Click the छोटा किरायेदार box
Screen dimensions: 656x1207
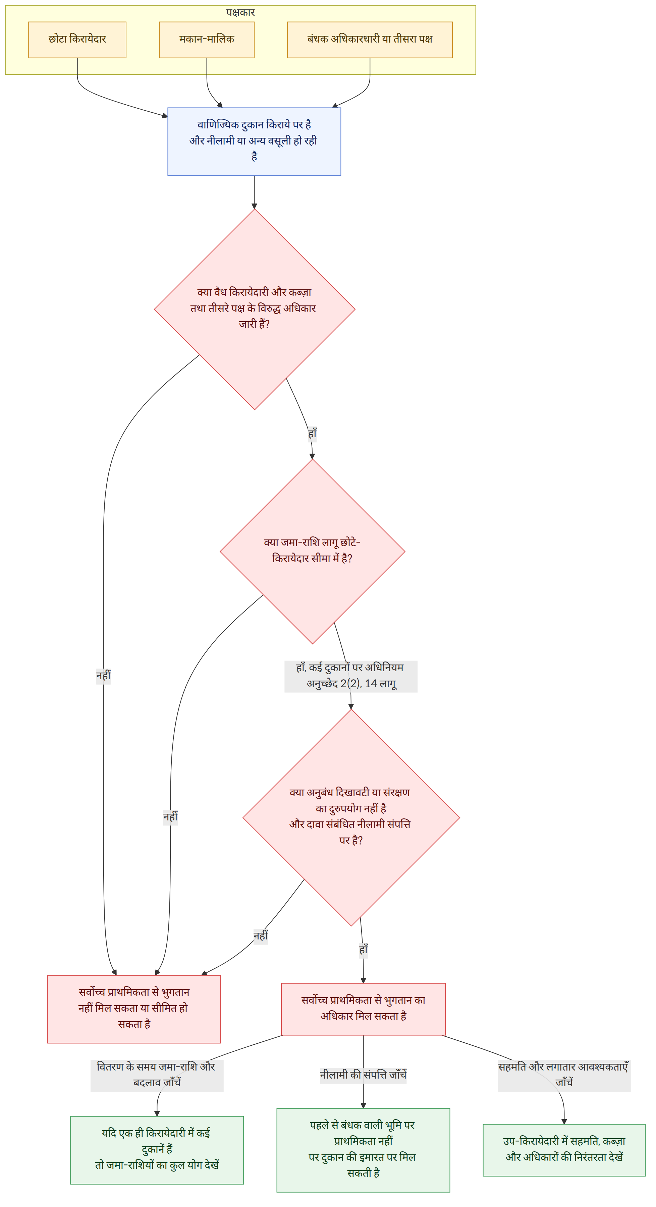77,40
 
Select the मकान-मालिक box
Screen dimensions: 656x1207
207,40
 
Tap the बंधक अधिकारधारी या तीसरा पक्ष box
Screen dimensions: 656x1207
370,40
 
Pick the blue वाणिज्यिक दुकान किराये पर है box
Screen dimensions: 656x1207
254,141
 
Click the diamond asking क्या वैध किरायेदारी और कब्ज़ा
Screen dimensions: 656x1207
255,309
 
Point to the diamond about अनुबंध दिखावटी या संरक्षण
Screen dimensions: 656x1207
351,818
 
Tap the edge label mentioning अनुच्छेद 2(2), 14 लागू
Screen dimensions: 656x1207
351,676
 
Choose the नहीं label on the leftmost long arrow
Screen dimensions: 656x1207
104,676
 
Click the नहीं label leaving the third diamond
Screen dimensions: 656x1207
261,936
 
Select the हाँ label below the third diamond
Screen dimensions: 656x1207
364,950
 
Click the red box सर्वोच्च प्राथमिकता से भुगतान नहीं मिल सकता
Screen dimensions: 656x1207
134,1009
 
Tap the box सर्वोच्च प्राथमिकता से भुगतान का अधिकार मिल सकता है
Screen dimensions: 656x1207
363,1009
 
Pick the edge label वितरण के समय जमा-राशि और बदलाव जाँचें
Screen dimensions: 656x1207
157,1075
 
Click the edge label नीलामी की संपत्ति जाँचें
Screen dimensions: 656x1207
363,1075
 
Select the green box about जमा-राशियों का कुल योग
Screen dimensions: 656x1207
157,1150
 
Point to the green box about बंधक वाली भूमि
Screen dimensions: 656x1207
363,1150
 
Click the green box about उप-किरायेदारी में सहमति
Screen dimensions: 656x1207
564,1150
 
